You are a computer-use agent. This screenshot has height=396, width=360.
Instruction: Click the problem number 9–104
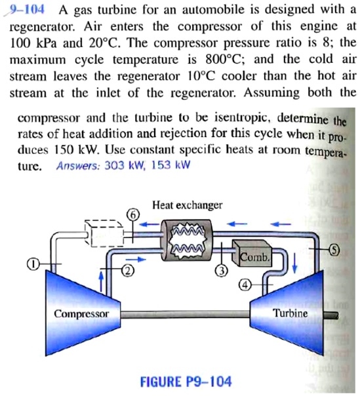click(26, 10)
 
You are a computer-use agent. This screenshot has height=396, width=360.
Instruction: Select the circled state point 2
click(129, 270)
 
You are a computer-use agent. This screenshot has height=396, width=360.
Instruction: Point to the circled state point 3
click(222, 271)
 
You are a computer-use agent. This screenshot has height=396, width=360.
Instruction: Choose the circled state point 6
click(133, 214)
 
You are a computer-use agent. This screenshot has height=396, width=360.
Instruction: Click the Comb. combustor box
click(252, 254)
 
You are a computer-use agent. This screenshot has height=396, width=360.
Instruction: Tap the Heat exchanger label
click(187, 205)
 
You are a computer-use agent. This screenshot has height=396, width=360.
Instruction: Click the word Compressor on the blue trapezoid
click(81, 314)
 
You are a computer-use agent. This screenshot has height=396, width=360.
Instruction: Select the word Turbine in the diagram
click(291, 313)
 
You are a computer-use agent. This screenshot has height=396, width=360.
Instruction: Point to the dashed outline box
click(104, 233)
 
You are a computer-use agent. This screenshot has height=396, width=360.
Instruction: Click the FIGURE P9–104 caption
click(186, 382)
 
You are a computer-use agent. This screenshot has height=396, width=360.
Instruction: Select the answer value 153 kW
click(170, 165)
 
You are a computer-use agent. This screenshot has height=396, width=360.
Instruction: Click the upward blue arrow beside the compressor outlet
click(101, 281)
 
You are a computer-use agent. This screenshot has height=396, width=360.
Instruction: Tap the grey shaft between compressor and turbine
click(186, 315)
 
